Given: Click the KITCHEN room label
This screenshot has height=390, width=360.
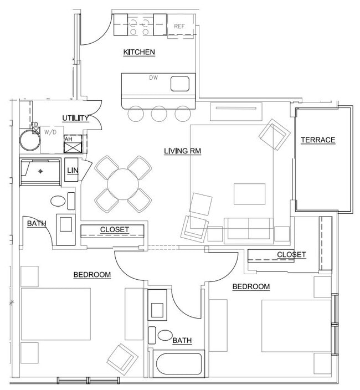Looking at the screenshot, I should [x=138, y=52].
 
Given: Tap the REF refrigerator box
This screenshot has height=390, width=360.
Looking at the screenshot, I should [x=179, y=27].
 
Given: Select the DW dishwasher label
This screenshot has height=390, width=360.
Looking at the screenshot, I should [x=153, y=78].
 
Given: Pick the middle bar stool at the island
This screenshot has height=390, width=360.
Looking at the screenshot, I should [x=159, y=114].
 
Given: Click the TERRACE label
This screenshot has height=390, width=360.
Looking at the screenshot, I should [x=318, y=140].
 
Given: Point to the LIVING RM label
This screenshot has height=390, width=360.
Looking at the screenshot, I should [x=182, y=151].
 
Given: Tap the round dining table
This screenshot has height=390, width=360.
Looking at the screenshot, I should [x=124, y=184].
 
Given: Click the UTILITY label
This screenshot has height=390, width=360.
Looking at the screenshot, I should [x=76, y=118].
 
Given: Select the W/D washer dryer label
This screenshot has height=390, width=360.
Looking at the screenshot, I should [x=50, y=132].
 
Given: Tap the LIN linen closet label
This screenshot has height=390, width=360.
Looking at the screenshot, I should [x=73, y=170].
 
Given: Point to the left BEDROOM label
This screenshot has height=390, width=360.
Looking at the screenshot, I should [x=92, y=275].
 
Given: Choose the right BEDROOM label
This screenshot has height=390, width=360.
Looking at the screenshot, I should [x=251, y=286].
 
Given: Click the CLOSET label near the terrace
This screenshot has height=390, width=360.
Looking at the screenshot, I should [x=291, y=255].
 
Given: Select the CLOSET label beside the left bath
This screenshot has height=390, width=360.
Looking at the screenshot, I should [x=114, y=229].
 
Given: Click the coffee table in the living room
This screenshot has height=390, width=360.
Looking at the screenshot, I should [x=245, y=194].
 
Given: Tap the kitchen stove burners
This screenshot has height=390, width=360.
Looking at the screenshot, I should [x=138, y=25].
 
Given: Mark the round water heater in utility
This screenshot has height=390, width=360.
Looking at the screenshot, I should [x=30, y=141].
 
